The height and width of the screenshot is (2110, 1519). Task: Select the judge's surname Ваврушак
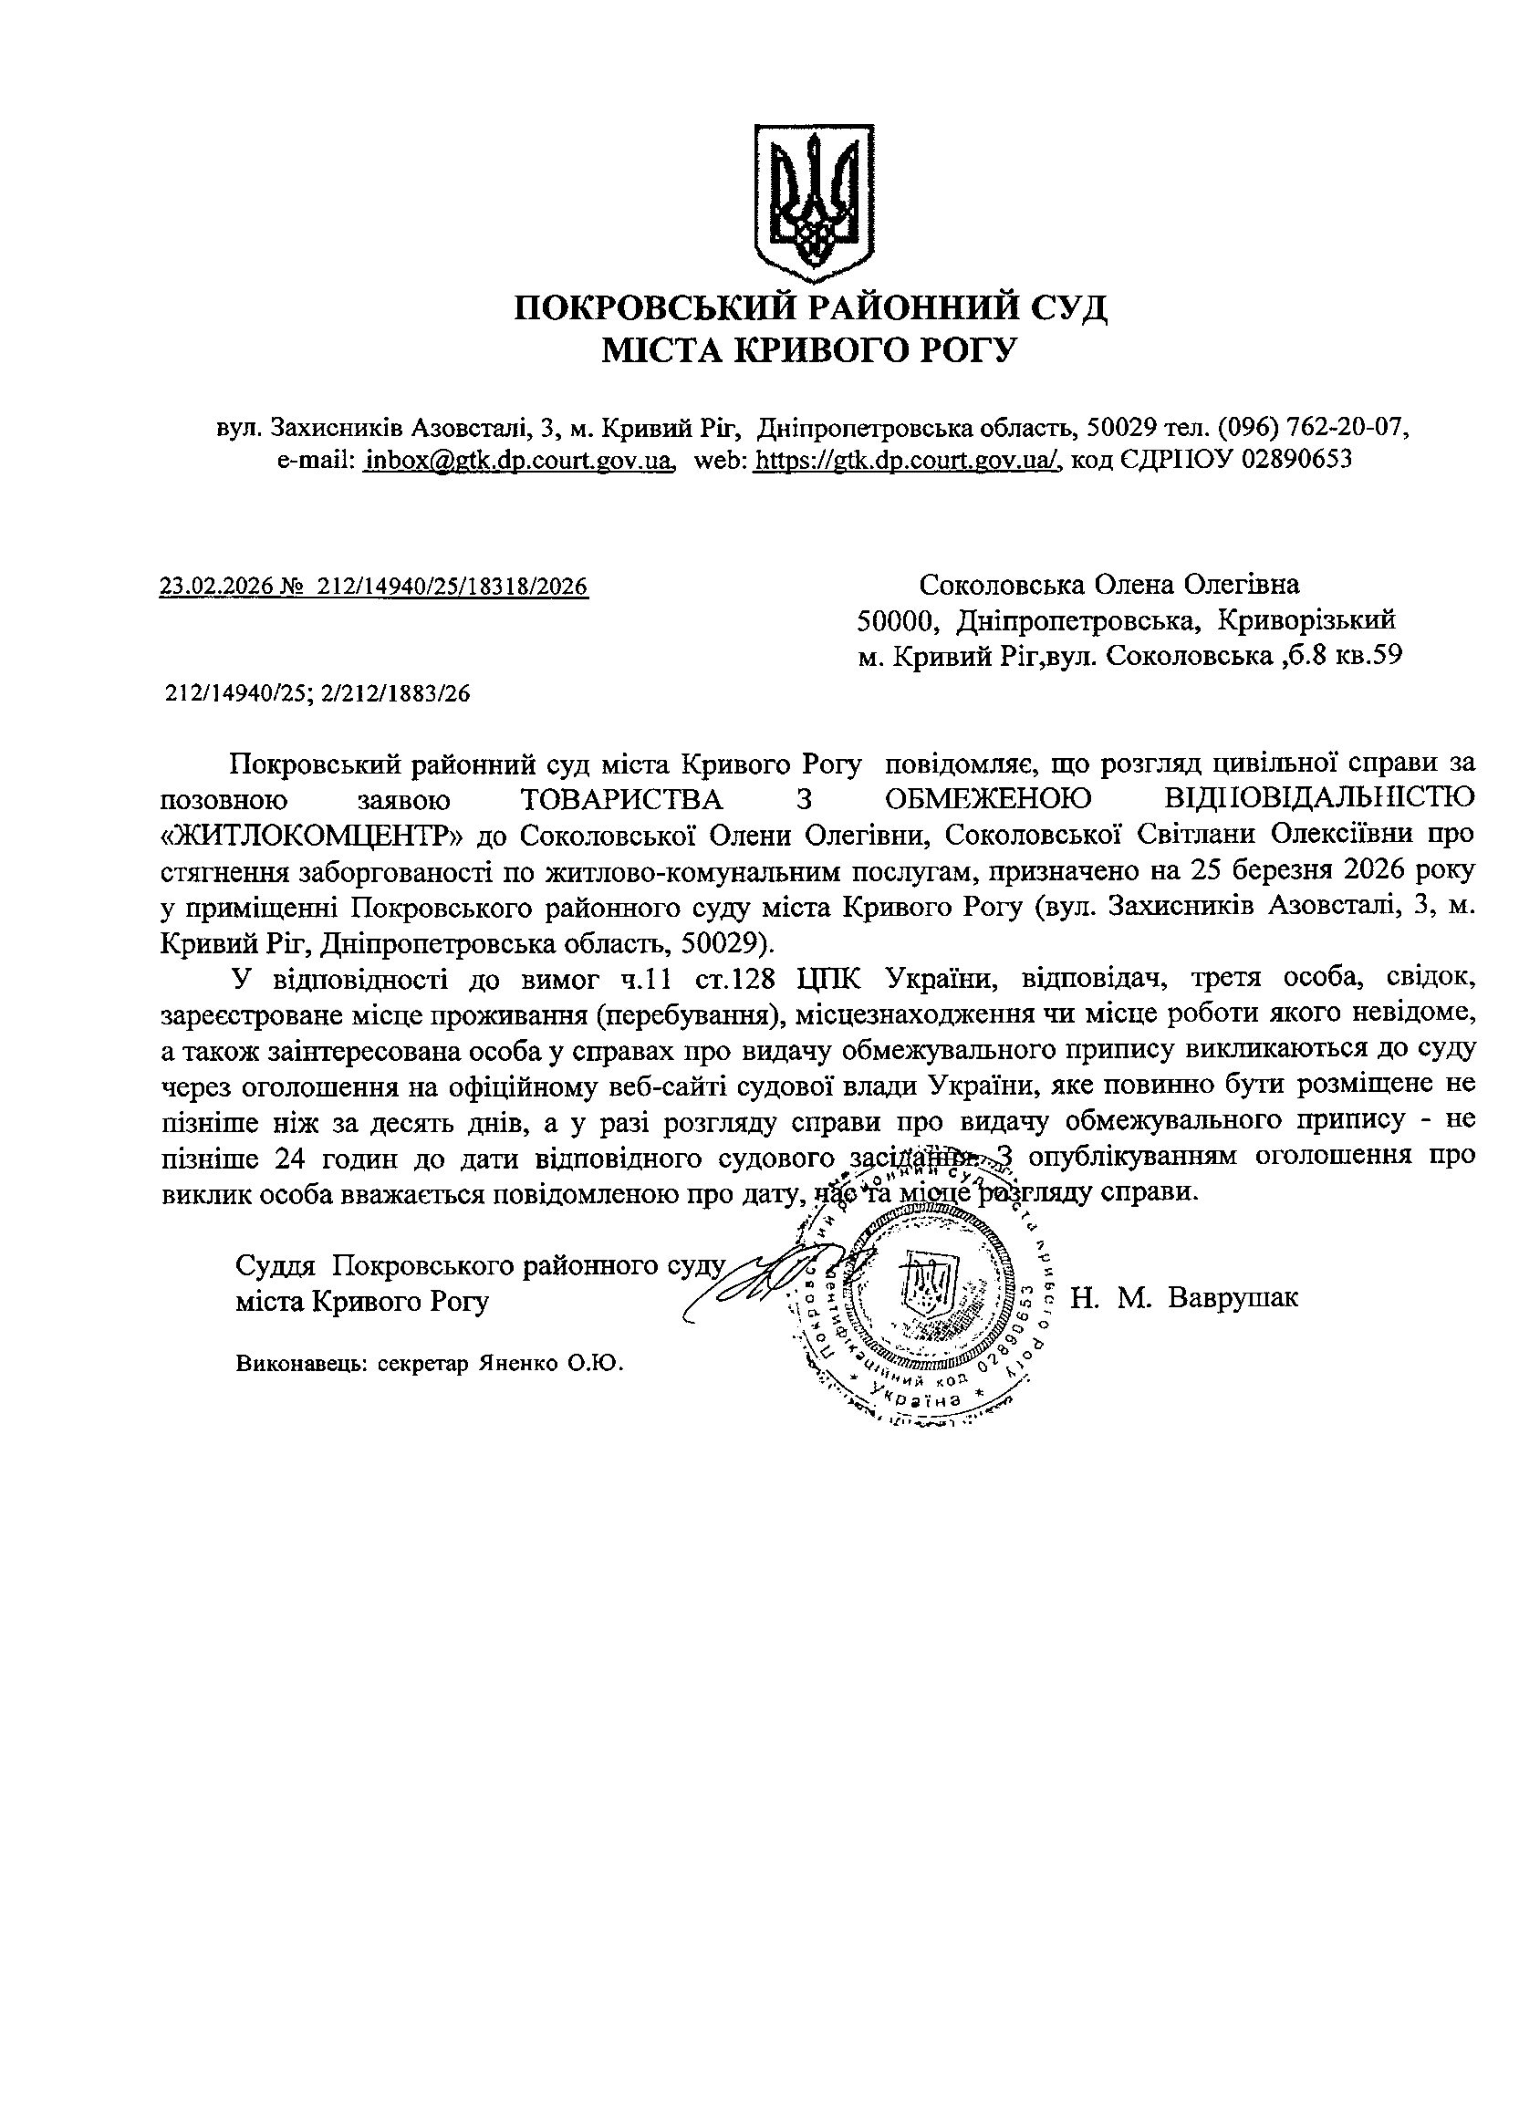tap(1233, 1296)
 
